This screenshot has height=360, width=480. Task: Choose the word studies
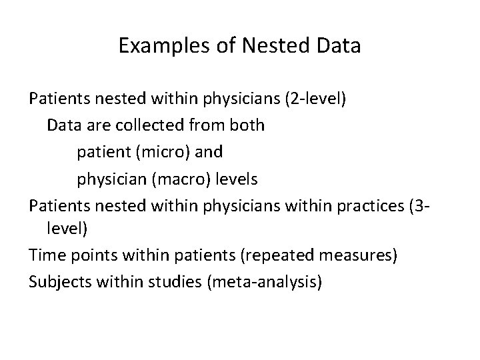click(175, 283)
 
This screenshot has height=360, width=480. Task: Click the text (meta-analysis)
click(265, 283)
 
